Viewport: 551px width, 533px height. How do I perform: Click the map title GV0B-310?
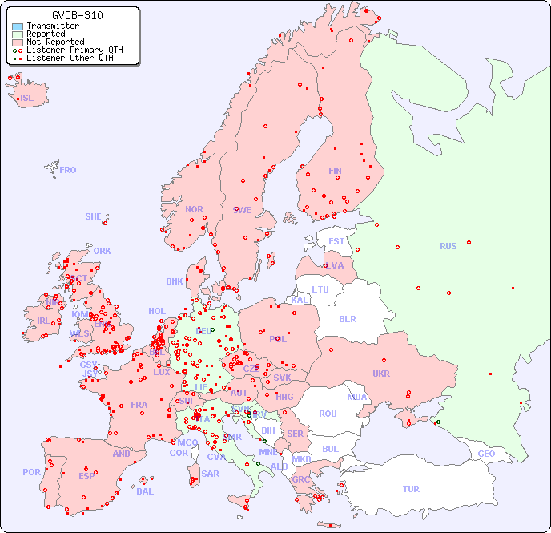tap(77, 15)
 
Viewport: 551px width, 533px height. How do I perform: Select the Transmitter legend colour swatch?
tap(18, 26)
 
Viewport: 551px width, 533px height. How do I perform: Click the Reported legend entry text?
tap(46, 34)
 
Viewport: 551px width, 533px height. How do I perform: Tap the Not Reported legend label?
tap(55, 42)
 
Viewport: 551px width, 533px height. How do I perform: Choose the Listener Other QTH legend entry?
tap(70, 58)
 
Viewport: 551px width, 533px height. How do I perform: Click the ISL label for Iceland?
tap(27, 99)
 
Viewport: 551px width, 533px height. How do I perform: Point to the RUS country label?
tap(448, 246)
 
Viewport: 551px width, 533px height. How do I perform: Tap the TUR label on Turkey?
tap(411, 489)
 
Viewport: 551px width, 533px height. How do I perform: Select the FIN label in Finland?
tap(335, 171)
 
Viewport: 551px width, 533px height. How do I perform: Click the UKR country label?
tap(381, 374)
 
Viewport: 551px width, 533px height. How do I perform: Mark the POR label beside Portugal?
tap(31, 472)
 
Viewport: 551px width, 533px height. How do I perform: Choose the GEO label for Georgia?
tap(486, 454)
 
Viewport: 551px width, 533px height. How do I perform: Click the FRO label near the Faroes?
tap(68, 170)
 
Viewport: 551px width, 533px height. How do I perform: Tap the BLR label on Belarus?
tap(348, 318)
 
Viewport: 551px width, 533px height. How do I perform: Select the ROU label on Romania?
tap(328, 414)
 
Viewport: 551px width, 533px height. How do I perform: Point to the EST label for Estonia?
tap(336, 241)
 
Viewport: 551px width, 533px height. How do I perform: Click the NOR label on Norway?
tap(194, 209)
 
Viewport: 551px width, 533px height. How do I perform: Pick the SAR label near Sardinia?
tap(210, 474)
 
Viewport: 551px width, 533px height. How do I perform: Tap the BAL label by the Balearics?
tap(145, 491)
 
